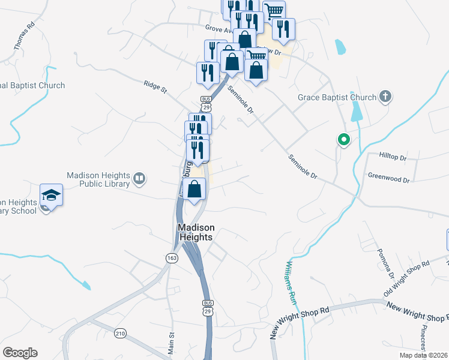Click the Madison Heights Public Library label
click(98, 179)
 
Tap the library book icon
click(139, 178)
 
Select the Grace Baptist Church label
click(337, 97)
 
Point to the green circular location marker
click(343, 140)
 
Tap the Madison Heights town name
click(195, 232)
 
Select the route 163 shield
click(172, 257)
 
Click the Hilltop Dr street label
click(393, 155)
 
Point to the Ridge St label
click(155, 87)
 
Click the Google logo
click(20, 353)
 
